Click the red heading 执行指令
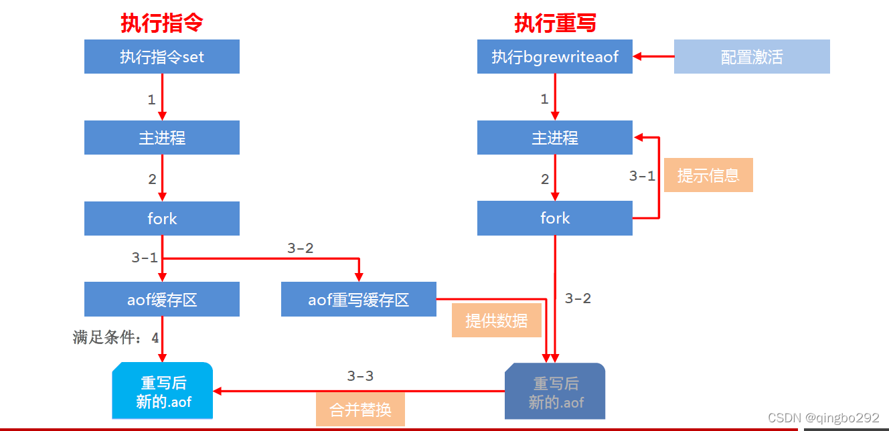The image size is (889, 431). tap(161, 23)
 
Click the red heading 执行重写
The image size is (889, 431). tap(555, 23)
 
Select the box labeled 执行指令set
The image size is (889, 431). tap(161, 57)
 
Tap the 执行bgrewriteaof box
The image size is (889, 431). tap(555, 57)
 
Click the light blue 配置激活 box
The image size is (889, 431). tap(752, 57)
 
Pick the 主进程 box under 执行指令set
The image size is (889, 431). tap(161, 138)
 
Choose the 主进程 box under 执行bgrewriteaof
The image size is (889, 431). tap(555, 138)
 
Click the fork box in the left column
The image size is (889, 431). tap(161, 218)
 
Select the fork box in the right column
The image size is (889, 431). tap(555, 218)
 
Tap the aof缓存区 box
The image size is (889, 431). tap(161, 299)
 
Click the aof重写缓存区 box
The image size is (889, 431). tap(358, 299)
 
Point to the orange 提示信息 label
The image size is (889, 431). tap(708, 175)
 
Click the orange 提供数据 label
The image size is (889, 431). tap(496, 320)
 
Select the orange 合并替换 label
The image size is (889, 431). tap(360, 409)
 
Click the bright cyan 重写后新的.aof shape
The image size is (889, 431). tap(161, 392)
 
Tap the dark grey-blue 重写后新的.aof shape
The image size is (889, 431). tap(555, 392)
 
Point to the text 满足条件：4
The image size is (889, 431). tap(116, 338)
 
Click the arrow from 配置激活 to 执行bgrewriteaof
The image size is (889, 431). tap(653, 57)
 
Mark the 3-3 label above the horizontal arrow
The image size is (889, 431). tap(360, 376)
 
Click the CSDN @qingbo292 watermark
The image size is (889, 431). tap(823, 418)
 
